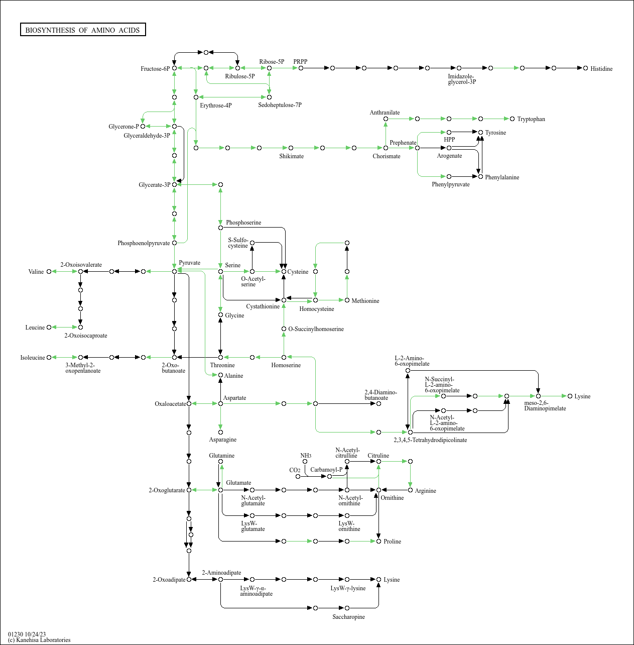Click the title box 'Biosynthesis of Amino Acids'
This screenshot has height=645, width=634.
83,30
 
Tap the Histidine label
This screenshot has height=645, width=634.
601,69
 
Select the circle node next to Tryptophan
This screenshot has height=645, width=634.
512,119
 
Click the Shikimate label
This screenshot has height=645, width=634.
292,156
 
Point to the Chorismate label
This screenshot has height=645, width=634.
387,156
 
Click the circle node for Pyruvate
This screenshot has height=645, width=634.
174,271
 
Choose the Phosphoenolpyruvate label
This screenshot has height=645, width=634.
144,243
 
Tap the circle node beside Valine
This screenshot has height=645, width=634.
49,271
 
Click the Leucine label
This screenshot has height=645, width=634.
35,328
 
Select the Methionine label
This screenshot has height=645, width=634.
365,300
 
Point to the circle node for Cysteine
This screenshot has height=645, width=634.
284,271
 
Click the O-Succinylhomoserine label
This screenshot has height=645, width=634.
316,329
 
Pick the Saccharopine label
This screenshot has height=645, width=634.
348,616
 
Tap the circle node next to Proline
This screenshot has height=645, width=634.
378,541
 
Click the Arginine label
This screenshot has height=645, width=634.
425,491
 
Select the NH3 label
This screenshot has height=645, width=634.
306,456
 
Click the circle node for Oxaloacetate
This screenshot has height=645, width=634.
189,404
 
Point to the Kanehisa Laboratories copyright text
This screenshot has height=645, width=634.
39,640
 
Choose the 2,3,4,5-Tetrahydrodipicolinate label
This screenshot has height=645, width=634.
430,440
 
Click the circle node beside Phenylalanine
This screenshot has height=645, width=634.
481,176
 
